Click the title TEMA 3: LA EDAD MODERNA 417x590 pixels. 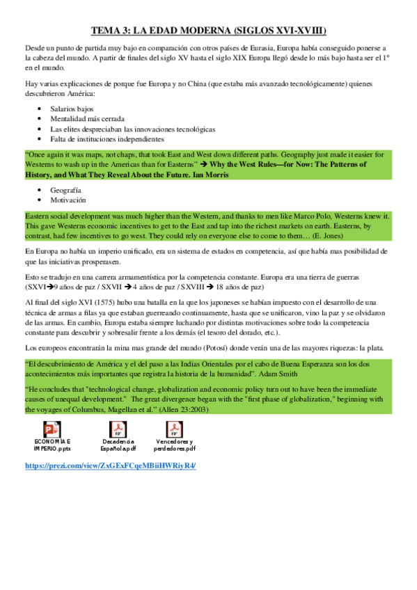[x=209, y=31]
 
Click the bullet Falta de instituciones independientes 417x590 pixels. [x=106, y=139]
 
